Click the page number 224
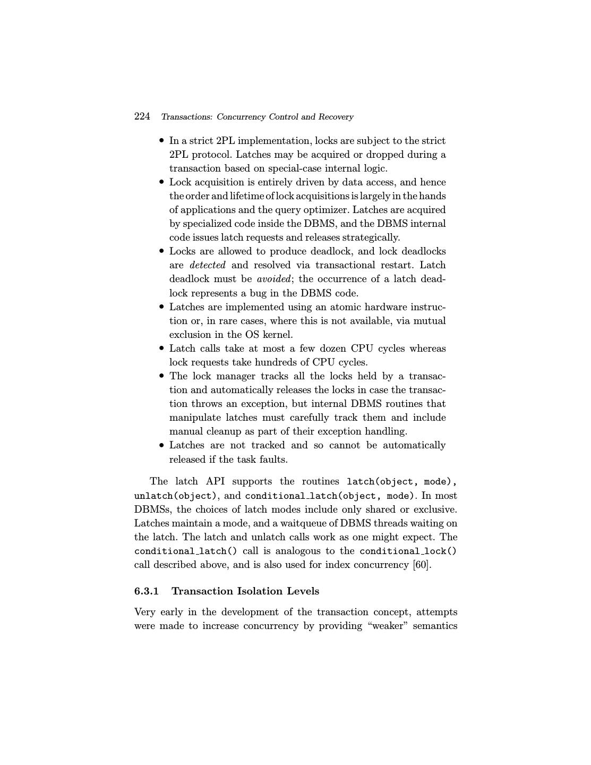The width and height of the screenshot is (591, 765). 142,116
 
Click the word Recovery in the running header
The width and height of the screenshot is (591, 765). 335,117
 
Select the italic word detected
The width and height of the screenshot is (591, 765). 207,265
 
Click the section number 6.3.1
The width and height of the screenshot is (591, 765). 147,591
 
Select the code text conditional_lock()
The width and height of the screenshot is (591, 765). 408,551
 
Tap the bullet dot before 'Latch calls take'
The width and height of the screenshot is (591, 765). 161,348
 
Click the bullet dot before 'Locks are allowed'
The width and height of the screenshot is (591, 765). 161,251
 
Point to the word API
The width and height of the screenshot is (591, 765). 215,481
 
